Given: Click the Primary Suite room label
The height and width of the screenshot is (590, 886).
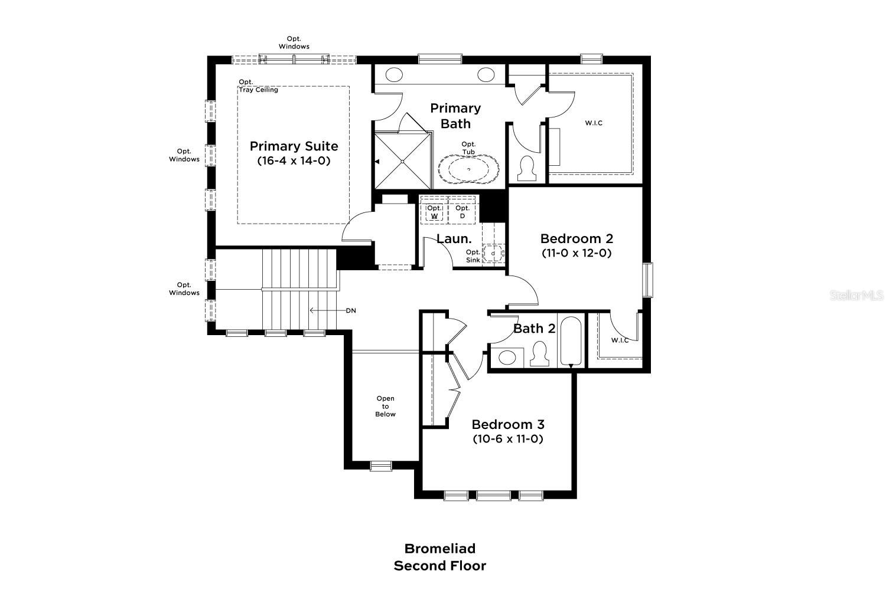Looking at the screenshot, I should pyautogui.click(x=294, y=146).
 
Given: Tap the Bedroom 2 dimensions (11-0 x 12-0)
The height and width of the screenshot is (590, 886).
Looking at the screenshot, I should pyautogui.click(x=576, y=253).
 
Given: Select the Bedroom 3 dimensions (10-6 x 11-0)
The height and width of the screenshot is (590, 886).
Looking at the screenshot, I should pyautogui.click(x=507, y=439).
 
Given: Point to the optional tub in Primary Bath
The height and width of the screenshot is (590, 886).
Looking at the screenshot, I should pyautogui.click(x=468, y=169).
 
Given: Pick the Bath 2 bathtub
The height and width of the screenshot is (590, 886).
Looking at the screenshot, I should pyautogui.click(x=571, y=342).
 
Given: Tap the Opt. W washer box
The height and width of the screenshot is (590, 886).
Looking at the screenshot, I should pyautogui.click(x=434, y=211).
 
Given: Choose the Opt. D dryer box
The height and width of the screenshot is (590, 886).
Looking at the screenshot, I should pyautogui.click(x=462, y=211).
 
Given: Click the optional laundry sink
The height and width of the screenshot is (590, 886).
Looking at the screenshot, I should pyautogui.click(x=493, y=253).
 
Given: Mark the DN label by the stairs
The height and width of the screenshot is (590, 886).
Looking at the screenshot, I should pyautogui.click(x=351, y=310).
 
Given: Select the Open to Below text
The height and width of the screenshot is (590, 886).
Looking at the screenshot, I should pyautogui.click(x=385, y=407).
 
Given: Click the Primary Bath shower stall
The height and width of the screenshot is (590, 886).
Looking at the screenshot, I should pyautogui.click(x=402, y=160).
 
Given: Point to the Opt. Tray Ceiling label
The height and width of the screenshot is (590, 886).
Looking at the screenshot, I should pyautogui.click(x=258, y=86).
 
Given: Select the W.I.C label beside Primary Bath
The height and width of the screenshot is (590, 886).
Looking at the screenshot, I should pyautogui.click(x=594, y=123).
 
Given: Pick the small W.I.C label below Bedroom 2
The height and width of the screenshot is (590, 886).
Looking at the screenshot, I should pyautogui.click(x=619, y=340).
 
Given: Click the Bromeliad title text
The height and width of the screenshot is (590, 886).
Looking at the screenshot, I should pyautogui.click(x=439, y=549).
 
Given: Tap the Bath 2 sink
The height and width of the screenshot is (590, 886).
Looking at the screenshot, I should pyautogui.click(x=507, y=357).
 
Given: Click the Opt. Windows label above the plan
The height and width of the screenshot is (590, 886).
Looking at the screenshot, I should pyautogui.click(x=294, y=42).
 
